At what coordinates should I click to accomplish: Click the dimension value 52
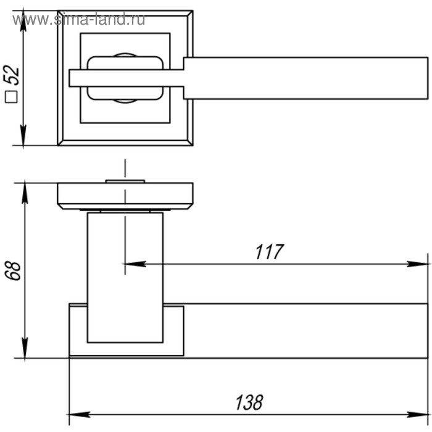(12, 75)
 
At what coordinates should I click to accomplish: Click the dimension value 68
(13, 271)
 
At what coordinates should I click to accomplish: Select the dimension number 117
(269, 252)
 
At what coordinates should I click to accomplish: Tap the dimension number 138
(249, 402)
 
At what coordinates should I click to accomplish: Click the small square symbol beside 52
(11, 97)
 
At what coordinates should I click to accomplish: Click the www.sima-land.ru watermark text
(78, 20)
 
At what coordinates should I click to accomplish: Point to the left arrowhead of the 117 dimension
(135, 264)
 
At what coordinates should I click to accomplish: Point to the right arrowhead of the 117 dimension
(417, 264)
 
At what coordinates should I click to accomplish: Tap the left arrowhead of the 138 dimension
(79, 414)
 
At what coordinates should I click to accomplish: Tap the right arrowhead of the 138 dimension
(417, 414)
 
